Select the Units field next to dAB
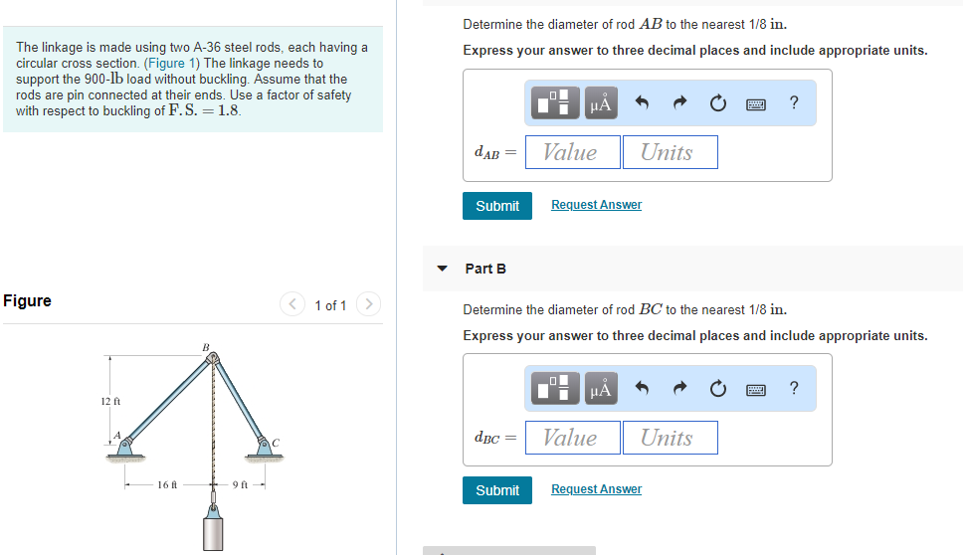pos(670,152)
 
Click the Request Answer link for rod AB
pos(596,205)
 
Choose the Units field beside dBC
pos(670,438)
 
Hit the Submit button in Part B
pos(496,490)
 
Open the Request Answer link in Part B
pos(596,489)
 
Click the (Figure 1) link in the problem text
pos(172,63)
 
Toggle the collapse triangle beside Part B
pos(443,269)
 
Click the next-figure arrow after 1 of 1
pos(368,304)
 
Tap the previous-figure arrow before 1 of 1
pos(291,304)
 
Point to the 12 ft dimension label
pos(110,401)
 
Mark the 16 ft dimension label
pos(166,485)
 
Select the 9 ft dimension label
pos(240,485)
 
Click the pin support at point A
pos(125,448)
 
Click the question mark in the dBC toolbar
pos(793,388)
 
